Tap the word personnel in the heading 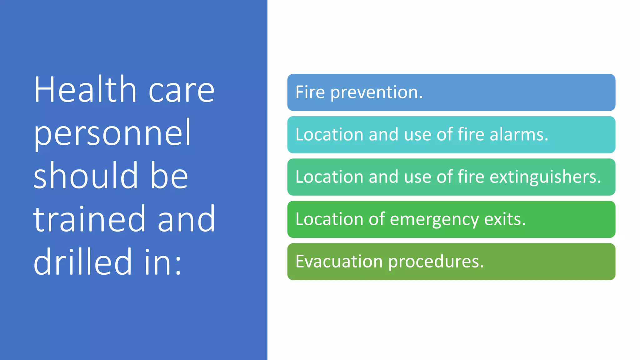coord(112,134)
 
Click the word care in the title coord(182,91)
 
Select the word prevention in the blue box coord(376,92)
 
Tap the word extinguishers coord(545,177)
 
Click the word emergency coord(434,219)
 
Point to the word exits coord(504,219)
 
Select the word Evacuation coord(339,262)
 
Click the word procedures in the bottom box coord(436,262)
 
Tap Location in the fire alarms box coord(329,135)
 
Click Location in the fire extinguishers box coord(329,177)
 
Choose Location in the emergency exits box coord(329,219)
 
